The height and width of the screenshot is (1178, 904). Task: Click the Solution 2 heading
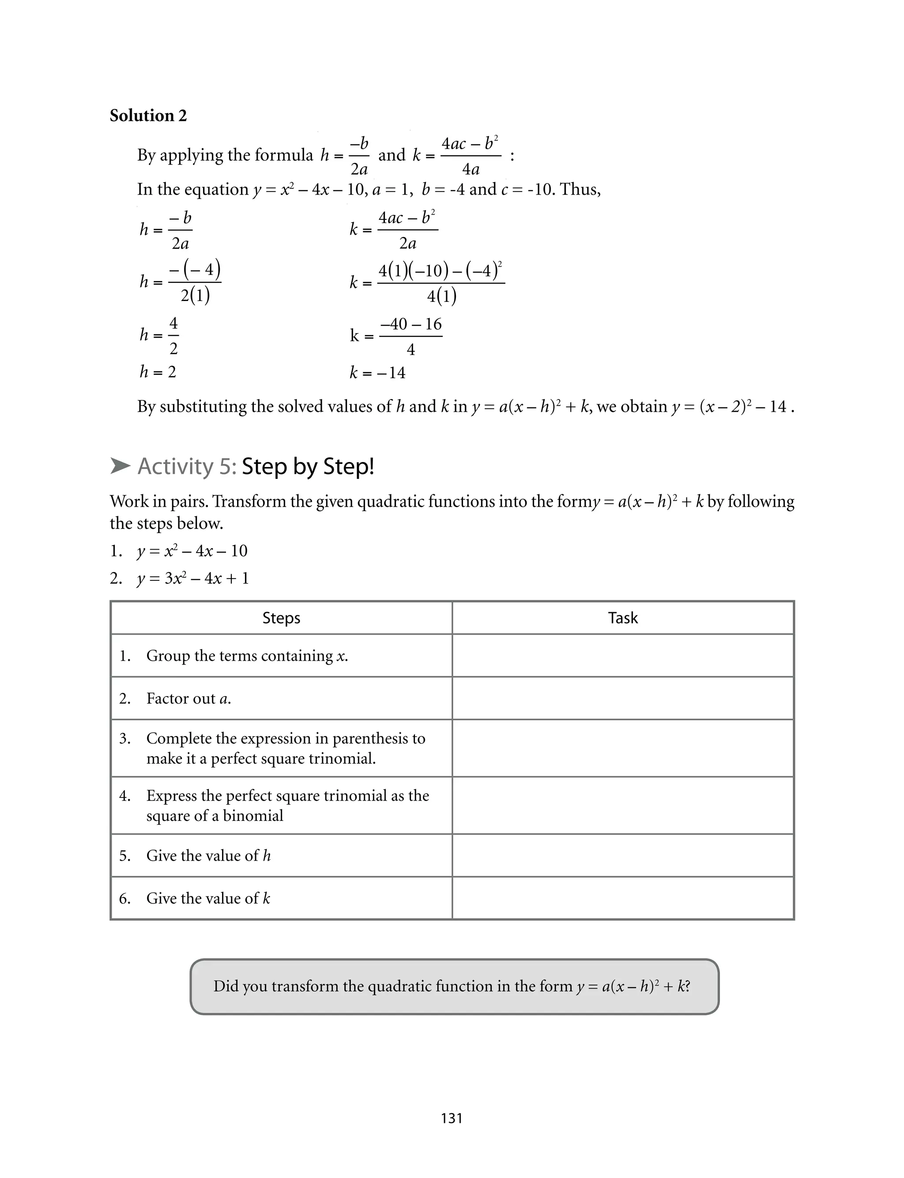click(148, 116)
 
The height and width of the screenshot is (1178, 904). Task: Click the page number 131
click(452, 1118)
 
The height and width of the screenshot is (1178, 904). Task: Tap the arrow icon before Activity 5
click(120, 466)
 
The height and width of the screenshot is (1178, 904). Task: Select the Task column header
click(622, 618)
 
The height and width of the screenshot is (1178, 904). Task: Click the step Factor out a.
click(188, 698)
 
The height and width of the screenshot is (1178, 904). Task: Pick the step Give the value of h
click(208, 855)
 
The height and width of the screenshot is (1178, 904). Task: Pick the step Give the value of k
click(208, 898)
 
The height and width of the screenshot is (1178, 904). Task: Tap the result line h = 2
click(158, 372)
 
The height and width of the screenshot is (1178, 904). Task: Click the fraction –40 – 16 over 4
click(411, 336)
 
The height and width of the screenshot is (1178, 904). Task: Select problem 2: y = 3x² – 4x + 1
click(192, 578)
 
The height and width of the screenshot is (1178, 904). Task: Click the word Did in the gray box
click(226, 986)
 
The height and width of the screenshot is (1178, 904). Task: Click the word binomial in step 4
click(252, 816)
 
